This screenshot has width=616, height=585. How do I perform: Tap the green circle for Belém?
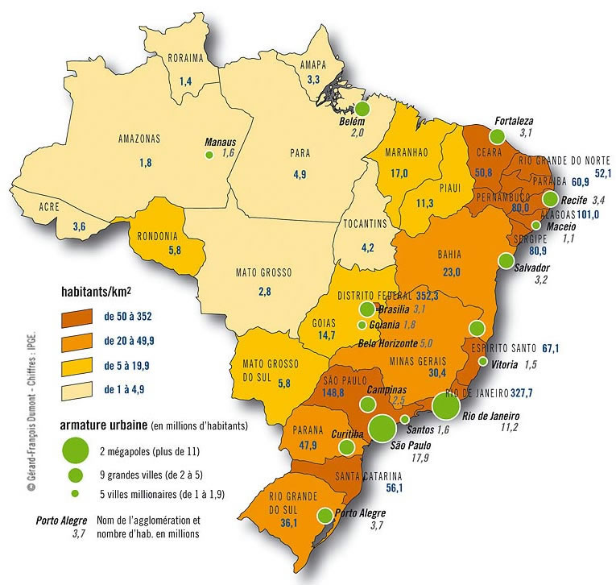pos(363,109)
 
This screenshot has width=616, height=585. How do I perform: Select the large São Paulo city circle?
pos(382,425)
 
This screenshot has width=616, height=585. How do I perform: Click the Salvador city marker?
pos(506,259)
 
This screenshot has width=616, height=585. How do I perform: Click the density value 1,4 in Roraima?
pos(186,81)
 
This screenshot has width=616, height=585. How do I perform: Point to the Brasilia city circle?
pos(368,309)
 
